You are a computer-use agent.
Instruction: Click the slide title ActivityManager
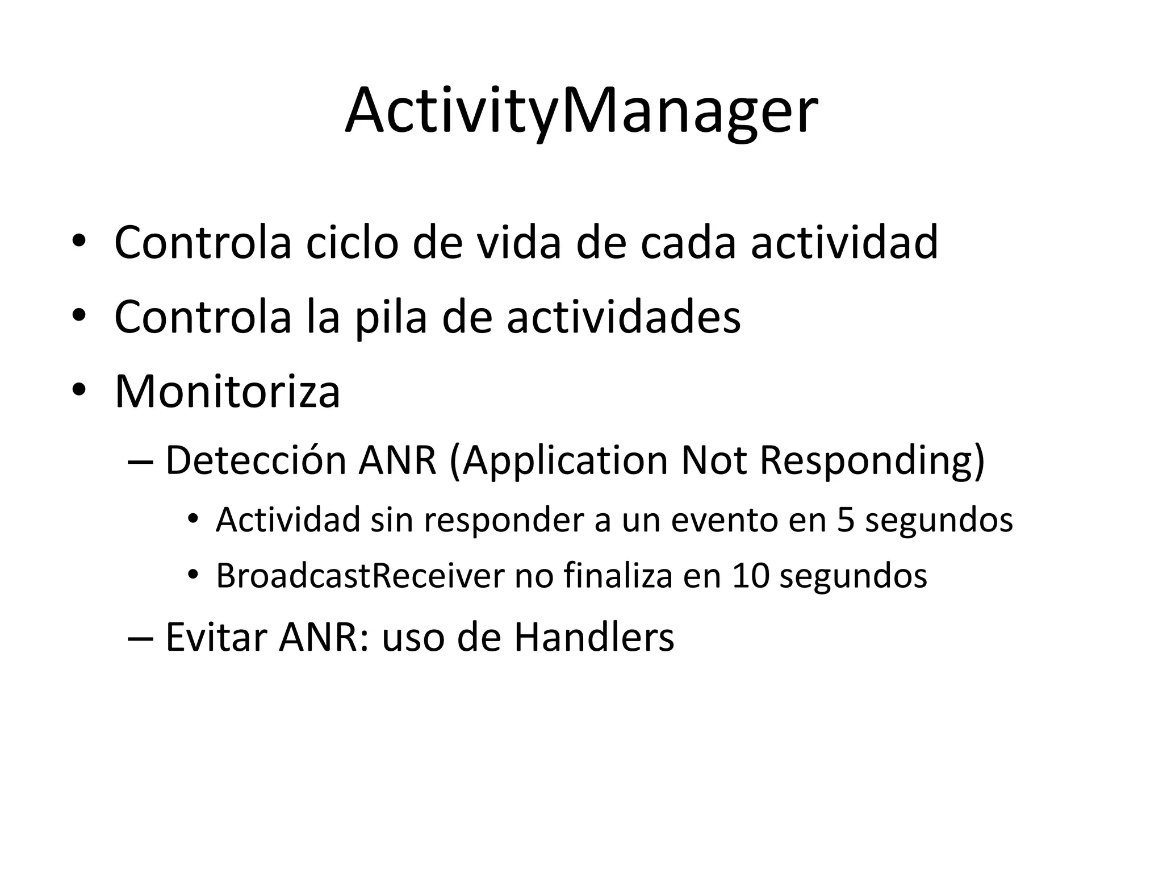(581, 111)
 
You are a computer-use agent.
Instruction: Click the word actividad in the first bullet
(844, 243)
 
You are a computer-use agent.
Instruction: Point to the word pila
(391, 317)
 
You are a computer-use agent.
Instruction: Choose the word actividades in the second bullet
(623, 317)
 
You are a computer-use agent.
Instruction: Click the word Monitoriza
(227, 392)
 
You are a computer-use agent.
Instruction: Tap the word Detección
(256, 460)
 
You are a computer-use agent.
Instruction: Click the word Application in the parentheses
(566, 460)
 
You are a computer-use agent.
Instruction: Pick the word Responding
(872, 460)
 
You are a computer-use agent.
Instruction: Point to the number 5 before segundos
(846, 520)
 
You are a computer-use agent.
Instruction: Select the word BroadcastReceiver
(360, 576)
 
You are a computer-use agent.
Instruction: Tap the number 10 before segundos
(751, 576)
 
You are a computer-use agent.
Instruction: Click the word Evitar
(216, 638)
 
